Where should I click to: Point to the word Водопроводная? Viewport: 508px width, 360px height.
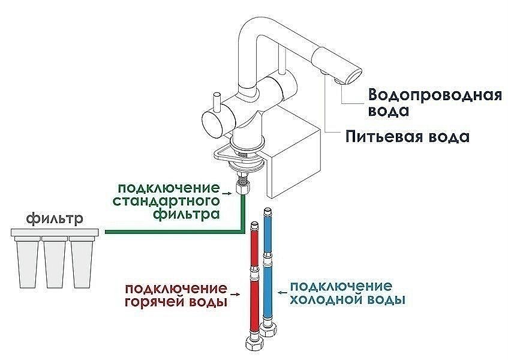coord(434,96)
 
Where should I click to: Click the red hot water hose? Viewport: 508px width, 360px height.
coord(254,294)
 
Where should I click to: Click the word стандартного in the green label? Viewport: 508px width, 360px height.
coord(166,200)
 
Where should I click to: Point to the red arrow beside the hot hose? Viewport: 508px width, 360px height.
coord(238,293)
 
